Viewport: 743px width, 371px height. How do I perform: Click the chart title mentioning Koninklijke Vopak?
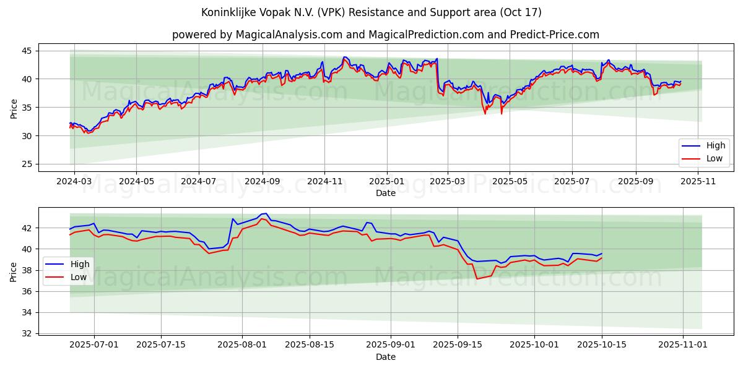tap(371, 12)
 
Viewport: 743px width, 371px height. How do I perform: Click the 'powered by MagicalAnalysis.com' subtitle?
tap(385, 35)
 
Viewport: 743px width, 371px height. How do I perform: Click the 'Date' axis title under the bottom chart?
tap(386, 357)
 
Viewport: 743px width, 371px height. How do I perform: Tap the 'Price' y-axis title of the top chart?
tap(14, 108)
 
